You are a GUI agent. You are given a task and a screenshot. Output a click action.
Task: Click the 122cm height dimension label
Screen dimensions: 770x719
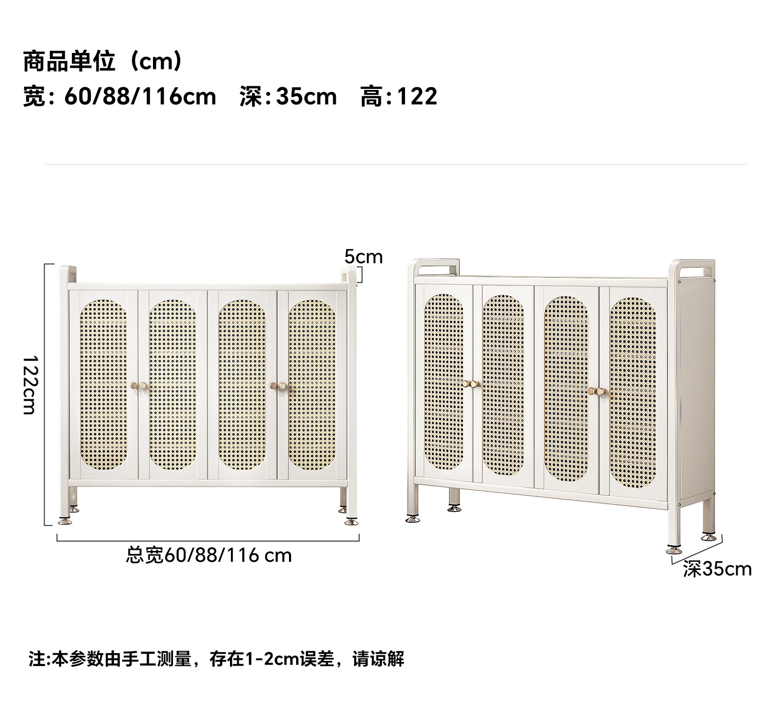[x=30, y=384]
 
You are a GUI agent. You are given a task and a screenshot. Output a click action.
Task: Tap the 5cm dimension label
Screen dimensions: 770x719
[x=363, y=256]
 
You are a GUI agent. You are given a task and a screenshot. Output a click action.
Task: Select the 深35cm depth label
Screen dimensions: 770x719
[x=717, y=569]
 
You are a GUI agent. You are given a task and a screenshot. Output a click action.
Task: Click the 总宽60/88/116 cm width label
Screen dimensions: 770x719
[x=209, y=556]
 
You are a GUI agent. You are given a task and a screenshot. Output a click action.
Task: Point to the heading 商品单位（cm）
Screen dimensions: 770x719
[x=103, y=62]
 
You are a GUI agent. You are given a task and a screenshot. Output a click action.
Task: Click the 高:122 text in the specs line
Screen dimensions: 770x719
[x=399, y=97]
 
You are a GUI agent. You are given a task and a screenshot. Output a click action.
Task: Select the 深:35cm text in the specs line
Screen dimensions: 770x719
[x=288, y=97]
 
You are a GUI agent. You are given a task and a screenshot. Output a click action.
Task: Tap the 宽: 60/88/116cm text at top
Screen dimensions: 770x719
[x=120, y=97]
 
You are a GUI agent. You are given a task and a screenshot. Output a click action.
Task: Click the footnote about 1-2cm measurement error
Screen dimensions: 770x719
[x=216, y=659]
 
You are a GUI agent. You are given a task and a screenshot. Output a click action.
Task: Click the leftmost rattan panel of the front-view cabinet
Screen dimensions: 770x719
[x=103, y=384]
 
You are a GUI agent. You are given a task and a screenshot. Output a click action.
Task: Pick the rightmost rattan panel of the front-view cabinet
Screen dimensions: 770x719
[x=312, y=384]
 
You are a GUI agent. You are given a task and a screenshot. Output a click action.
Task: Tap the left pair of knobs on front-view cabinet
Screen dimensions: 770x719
[x=138, y=385]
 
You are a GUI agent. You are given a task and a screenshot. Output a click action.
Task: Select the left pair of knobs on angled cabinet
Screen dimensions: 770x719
[x=470, y=384]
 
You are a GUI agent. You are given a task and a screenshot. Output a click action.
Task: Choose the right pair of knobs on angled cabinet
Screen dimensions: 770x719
[x=597, y=392]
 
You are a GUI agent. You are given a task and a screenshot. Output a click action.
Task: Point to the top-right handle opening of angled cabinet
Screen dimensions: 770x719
[x=696, y=270]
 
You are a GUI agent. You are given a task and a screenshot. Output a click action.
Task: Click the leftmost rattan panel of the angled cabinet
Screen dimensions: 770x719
[x=444, y=382]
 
